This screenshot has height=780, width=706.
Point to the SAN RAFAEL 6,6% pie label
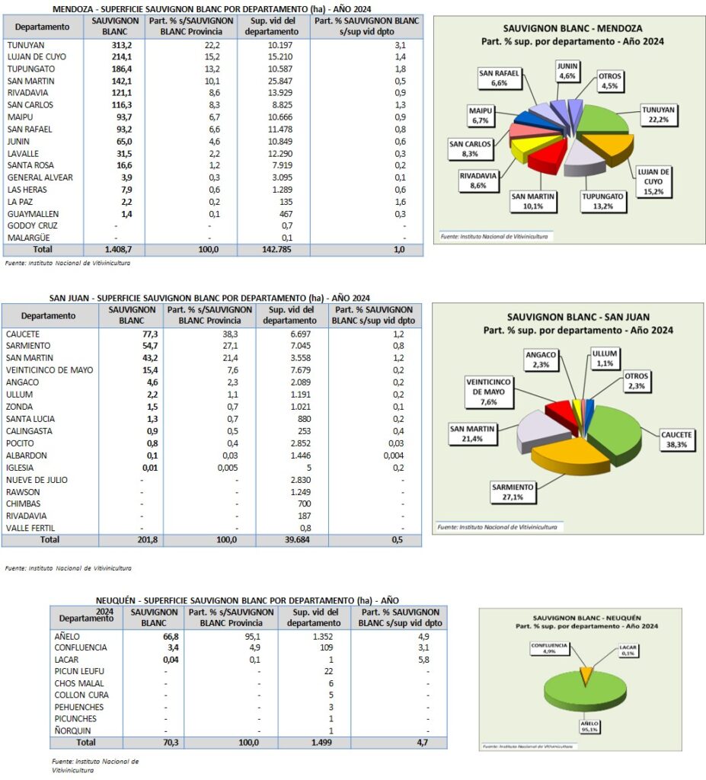[x=499, y=78]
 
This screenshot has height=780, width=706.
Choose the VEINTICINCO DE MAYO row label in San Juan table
[x=49, y=370]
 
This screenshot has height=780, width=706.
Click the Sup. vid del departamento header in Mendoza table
[x=273, y=27]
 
